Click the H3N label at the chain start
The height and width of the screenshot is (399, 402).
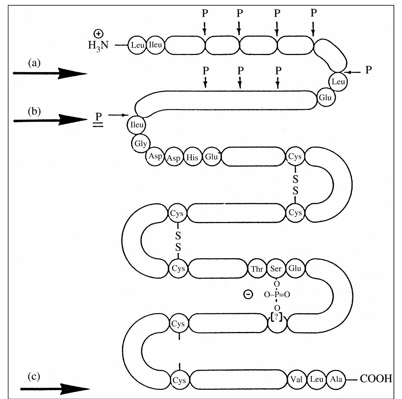pyautogui.click(x=98, y=45)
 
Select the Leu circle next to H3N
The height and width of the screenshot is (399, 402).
pyautogui.click(x=137, y=45)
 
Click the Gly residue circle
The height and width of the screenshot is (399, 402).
pyautogui.click(x=140, y=143)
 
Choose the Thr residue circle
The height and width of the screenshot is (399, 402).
pyautogui.click(x=257, y=269)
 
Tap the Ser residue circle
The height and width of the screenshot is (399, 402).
pyautogui.click(x=276, y=269)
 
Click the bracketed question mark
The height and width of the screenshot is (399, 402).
pyautogui.click(x=276, y=317)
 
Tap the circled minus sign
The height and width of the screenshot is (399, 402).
pyautogui.click(x=248, y=294)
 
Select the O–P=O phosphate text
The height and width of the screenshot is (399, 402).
pyautogui.click(x=277, y=294)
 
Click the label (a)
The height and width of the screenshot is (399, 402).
pyautogui.click(x=34, y=63)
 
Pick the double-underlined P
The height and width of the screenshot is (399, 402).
pyautogui.click(x=98, y=117)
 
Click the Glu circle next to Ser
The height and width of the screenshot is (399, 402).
pyautogui.click(x=295, y=269)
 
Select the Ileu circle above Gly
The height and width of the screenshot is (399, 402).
pyautogui.click(x=136, y=125)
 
